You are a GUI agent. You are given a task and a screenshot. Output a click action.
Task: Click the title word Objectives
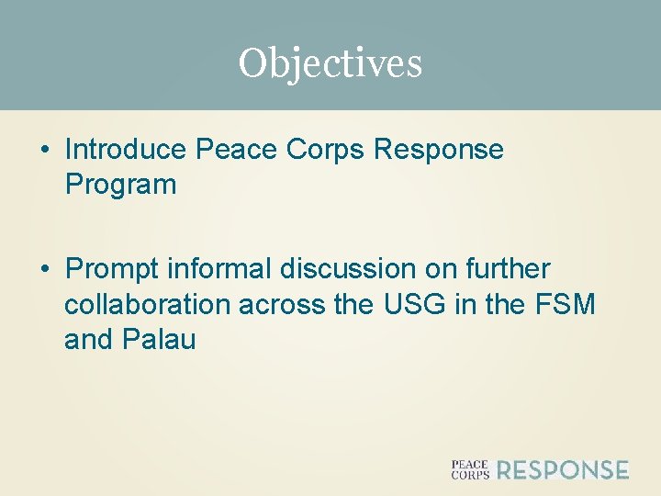click(x=330, y=63)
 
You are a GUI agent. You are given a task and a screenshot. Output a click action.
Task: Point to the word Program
click(x=120, y=185)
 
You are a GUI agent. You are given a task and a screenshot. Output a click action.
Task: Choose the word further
click(x=508, y=268)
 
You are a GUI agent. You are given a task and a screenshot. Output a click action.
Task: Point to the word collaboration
click(x=148, y=303)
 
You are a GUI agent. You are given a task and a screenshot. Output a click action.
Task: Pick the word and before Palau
click(x=89, y=339)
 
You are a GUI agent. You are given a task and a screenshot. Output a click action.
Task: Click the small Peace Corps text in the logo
click(x=469, y=470)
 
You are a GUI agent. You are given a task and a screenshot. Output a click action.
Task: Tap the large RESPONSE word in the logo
click(x=563, y=470)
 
